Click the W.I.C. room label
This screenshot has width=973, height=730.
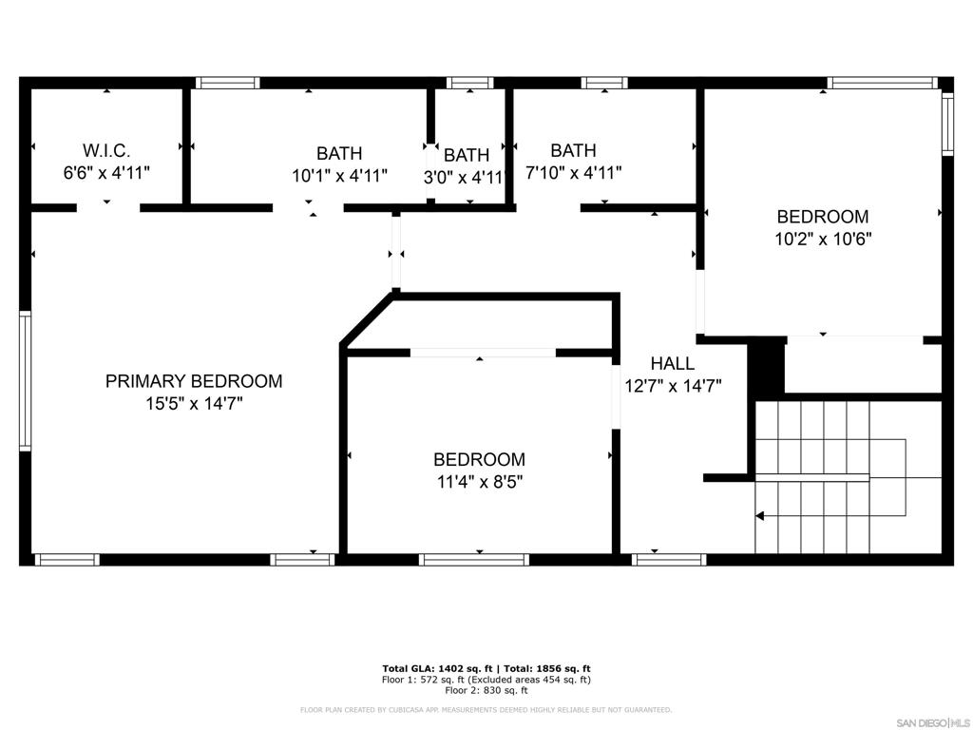(106, 150)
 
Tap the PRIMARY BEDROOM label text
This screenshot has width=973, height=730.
(194, 381)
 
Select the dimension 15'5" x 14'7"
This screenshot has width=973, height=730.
(194, 404)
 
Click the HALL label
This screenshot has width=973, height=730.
(672, 363)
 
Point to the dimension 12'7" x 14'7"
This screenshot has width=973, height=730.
(672, 386)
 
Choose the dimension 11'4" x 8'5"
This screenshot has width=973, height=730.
(479, 482)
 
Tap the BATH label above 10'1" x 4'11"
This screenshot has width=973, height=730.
(339, 153)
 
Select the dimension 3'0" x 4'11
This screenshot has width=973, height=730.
(463, 177)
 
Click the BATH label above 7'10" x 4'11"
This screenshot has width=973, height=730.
(573, 150)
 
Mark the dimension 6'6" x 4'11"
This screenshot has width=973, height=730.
(106, 173)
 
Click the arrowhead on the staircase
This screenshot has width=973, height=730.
(760, 516)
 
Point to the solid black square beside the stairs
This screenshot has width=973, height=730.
(766, 365)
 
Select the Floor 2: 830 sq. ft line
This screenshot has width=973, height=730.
(486, 690)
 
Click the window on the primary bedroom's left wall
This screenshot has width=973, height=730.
(26, 380)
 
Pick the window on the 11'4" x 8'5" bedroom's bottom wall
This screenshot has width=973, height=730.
(474, 560)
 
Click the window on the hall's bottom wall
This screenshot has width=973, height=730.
(669, 560)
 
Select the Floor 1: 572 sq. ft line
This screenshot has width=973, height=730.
(486, 680)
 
